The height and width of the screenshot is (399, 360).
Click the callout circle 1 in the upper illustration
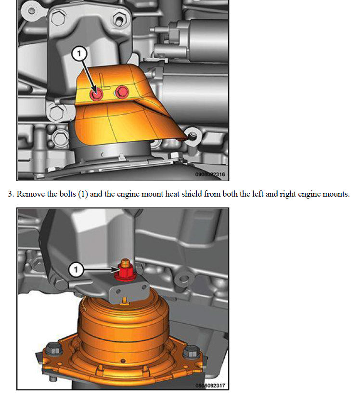click(x=79, y=53)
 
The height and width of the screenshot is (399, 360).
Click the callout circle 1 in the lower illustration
click(x=76, y=269)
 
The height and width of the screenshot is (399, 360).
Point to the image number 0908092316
click(x=210, y=174)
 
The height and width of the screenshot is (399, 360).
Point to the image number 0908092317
click(x=210, y=386)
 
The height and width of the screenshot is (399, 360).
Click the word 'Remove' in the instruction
click(x=31, y=194)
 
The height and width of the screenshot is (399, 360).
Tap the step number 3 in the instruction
click(x=10, y=194)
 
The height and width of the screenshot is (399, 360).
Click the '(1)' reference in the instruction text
click(x=83, y=194)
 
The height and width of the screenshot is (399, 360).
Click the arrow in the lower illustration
click(x=101, y=269)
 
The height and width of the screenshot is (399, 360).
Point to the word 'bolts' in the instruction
click(x=67, y=194)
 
